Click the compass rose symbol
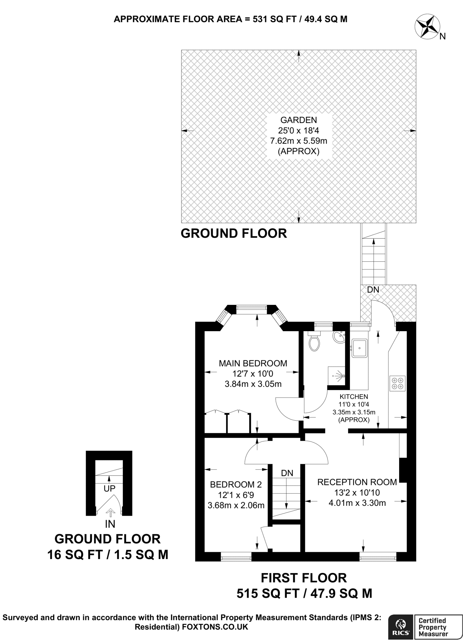pos(427,28)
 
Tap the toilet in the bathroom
pos(314,341)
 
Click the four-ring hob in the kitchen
pos(397,383)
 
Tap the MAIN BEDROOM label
pos(253,363)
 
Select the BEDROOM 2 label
pos(236,485)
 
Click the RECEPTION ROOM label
pos(357,482)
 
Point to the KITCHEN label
pos(354,397)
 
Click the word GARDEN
pos(299,120)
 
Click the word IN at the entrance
pos(110,524)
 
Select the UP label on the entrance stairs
pos(110,488)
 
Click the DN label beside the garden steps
pos(373,290)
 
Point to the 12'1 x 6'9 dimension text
pos(236,495)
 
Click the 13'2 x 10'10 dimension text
pos(357,493)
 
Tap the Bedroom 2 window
pos(236,556)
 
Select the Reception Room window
pos(378,556)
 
